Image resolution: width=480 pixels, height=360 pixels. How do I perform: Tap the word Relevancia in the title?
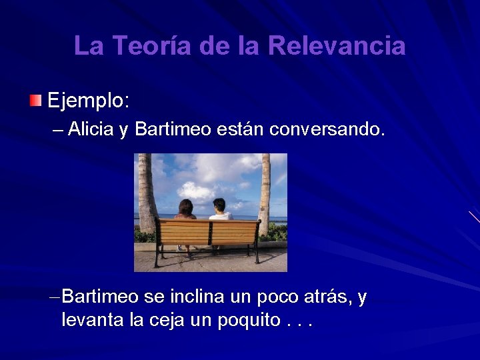point(337,46)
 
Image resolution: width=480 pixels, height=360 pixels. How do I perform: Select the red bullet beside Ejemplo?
point(35,101)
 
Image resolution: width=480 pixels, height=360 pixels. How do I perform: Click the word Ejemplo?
point(89,102)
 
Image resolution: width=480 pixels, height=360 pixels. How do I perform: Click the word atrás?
point(325,297)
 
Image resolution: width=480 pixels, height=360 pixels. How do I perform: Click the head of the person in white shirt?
point(219,205)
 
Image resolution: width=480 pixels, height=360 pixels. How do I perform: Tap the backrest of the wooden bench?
point(207,232)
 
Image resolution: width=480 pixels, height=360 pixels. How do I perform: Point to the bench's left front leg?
point(157,257)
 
